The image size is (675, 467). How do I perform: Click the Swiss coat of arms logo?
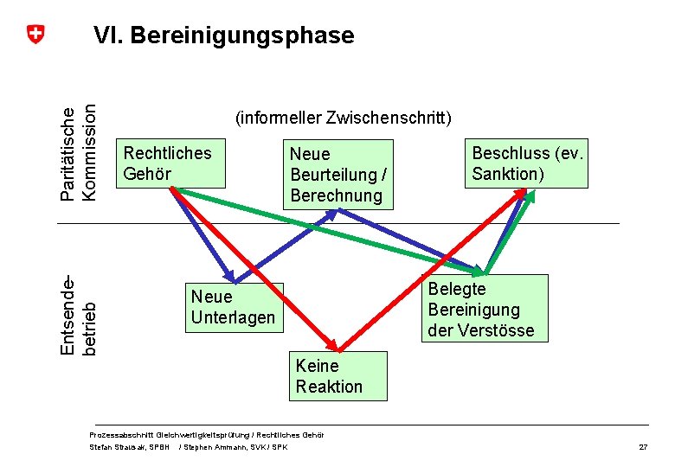coord(35,35)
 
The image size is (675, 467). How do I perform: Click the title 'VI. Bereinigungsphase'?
coord(223,35)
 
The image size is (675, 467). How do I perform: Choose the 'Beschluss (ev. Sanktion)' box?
coord(527,163)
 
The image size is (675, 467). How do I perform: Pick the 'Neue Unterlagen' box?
coord(234,307)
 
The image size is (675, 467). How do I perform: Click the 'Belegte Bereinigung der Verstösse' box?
coord(485,309)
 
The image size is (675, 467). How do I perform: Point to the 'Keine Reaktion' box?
coord(338,376)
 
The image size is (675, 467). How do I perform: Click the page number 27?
coord(643,446)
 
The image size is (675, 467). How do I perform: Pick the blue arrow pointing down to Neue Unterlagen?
coord(203,233)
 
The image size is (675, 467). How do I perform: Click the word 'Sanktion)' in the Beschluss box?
coord(508,174)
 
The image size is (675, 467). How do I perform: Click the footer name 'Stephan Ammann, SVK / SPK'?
coord(234,447)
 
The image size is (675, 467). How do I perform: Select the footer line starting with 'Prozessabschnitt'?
coord(207,434)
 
